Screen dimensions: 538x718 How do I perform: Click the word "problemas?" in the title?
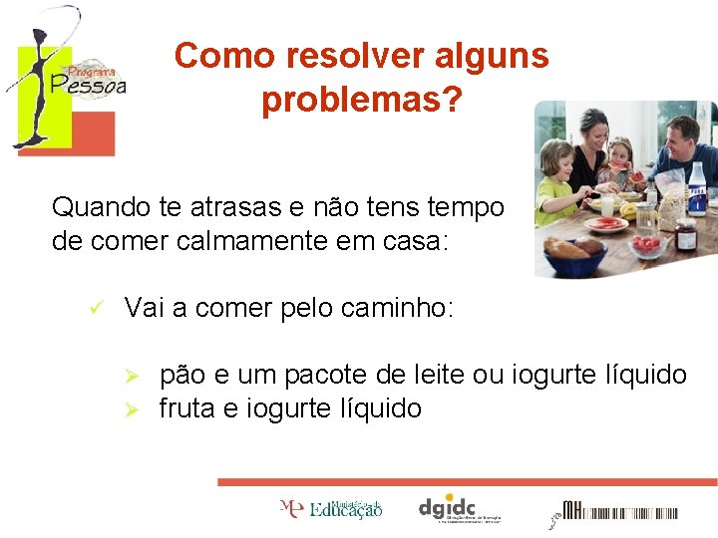(x=362, y=100)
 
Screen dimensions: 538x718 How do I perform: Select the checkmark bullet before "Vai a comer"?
(x=97, y=309)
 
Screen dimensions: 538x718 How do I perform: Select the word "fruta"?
(x=188, y=408)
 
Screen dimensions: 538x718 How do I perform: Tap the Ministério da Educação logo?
(x=331, y=509)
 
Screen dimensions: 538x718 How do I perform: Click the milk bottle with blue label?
(x=697, y=191)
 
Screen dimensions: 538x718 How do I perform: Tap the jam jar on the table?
(x=684, y=236)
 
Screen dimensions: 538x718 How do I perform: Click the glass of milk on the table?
(x=606, y=206)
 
